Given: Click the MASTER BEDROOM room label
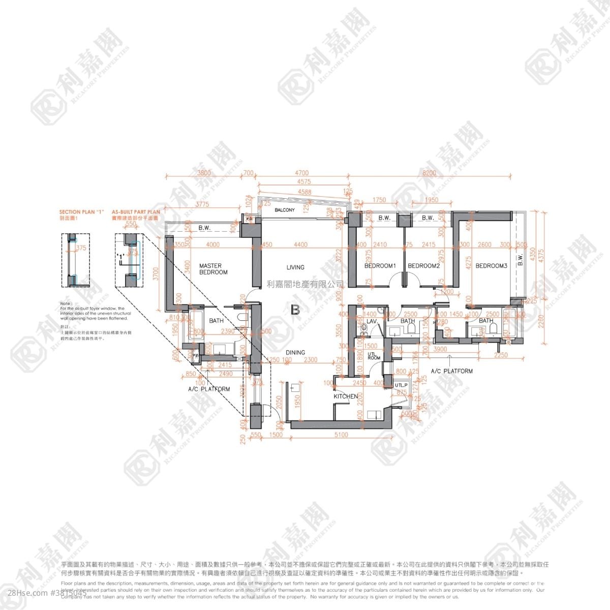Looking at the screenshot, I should coord(213,269).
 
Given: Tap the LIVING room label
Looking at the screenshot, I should coord(295,267).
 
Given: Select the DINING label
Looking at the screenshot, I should coord(295,352).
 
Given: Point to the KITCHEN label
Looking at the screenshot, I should coord(346,396).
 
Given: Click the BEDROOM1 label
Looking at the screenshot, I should coord(380,266).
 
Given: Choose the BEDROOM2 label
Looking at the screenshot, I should coord(423,266).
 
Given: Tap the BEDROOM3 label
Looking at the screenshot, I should coord(492,266).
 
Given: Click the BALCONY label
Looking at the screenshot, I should coord(285,210).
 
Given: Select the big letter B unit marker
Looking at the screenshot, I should coord(295,309).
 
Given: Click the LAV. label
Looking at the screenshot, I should coord(371,321).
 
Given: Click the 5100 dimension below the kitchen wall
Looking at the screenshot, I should coord(342,435).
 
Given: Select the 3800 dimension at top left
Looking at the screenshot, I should coord(203,173).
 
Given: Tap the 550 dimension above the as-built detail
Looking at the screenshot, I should coord(131,223).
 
